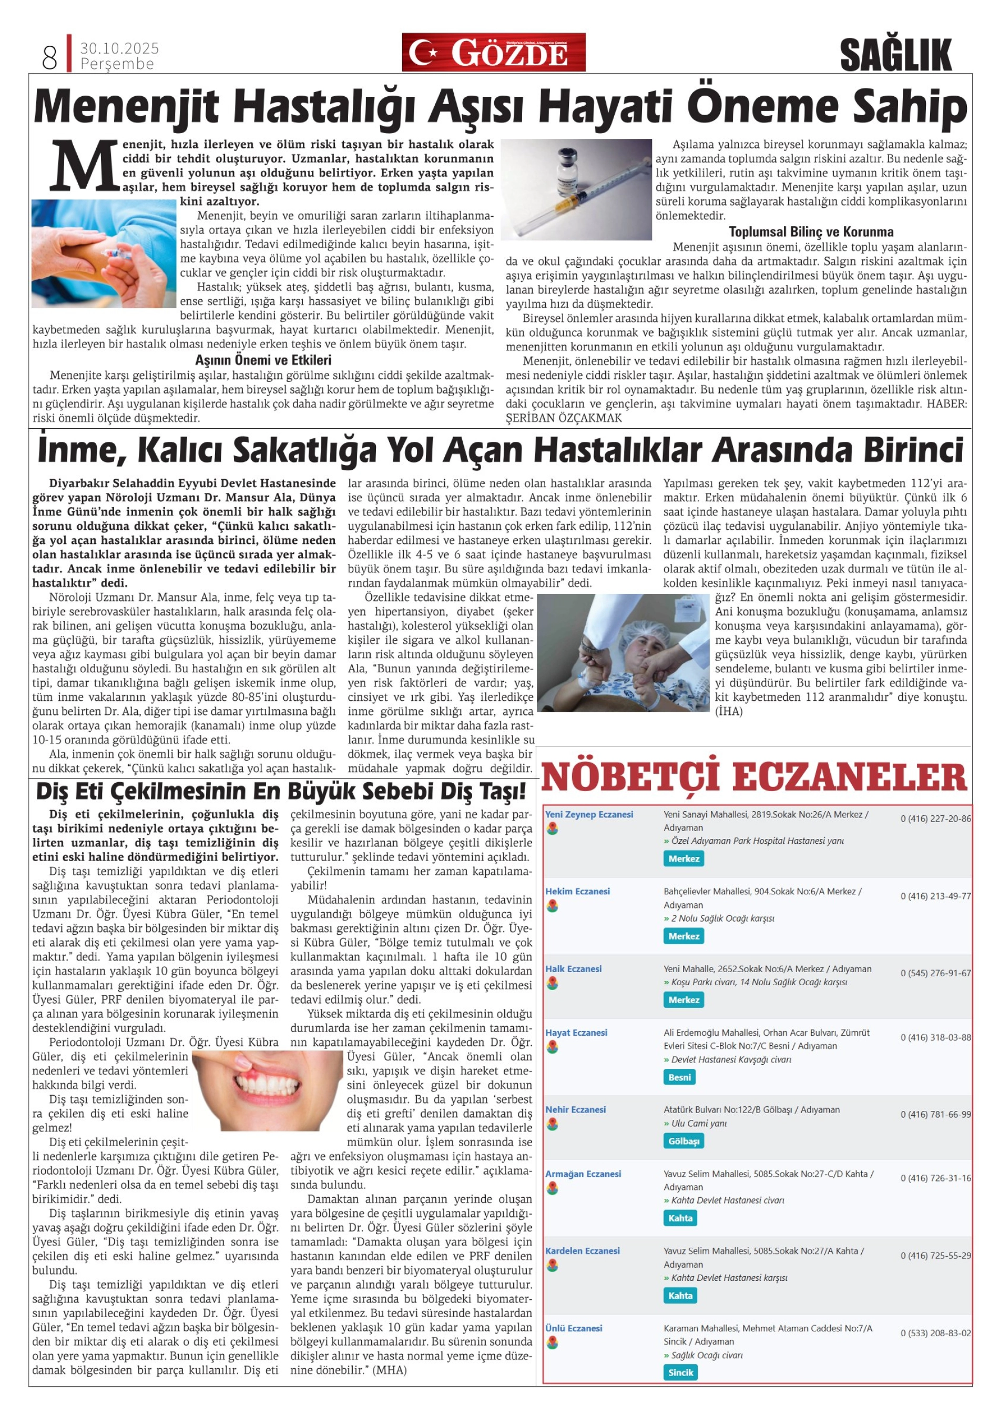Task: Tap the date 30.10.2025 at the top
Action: tap(119, 48)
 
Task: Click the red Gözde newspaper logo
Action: tap(494, 53)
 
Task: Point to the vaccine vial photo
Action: tap(576, 189)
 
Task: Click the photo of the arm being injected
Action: tap(104, 253)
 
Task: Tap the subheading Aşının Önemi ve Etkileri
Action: tap(263, 360)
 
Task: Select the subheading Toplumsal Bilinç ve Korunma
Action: tap(811, 232)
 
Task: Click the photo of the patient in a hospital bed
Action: tap(623, 652)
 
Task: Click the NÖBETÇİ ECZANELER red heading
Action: tap(754, 776)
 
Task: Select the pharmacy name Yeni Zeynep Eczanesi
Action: tap(588, 814)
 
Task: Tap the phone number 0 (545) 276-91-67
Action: tap(935, 973)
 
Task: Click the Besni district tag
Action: tap(679, 1077)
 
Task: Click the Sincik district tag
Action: tap(680, 1372)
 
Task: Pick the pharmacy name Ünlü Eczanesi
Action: tap(573, 1328)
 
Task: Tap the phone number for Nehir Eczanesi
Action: tap(935, 1114)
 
